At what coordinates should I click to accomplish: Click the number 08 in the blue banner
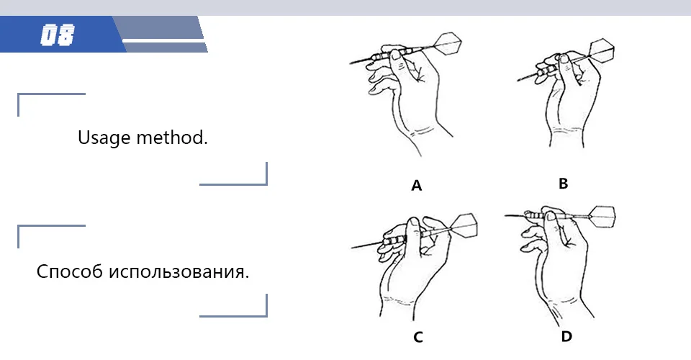pyautogui.click(x=58, y=35)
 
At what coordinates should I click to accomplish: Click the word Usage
pyautogui.click(x=104, y=138)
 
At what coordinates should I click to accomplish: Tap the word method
pyautogui.click(x=172, y=137)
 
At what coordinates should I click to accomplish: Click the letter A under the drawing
pyautogui.click(x=417, y=186)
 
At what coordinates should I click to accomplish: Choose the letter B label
pyautogui.click(x=563, y=184)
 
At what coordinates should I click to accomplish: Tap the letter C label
pyautogui.click(x=418, y=337)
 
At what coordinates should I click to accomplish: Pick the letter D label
pyautogui.click(x=566, y=337)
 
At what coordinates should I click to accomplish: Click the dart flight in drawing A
pyautogui.click(x=448, y=43)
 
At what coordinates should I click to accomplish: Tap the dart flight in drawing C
pyautogui.click(x=464, y=225)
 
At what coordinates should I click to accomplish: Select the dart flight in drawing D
pyautogui.click(x=602, y=217)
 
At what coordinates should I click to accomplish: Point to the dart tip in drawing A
pyautogui.click(x=351, y=63)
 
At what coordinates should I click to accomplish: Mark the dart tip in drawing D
pyautogui.click(x=505, y=215)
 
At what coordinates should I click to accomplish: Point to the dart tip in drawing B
pyautogui.click(x=518, y=80)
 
